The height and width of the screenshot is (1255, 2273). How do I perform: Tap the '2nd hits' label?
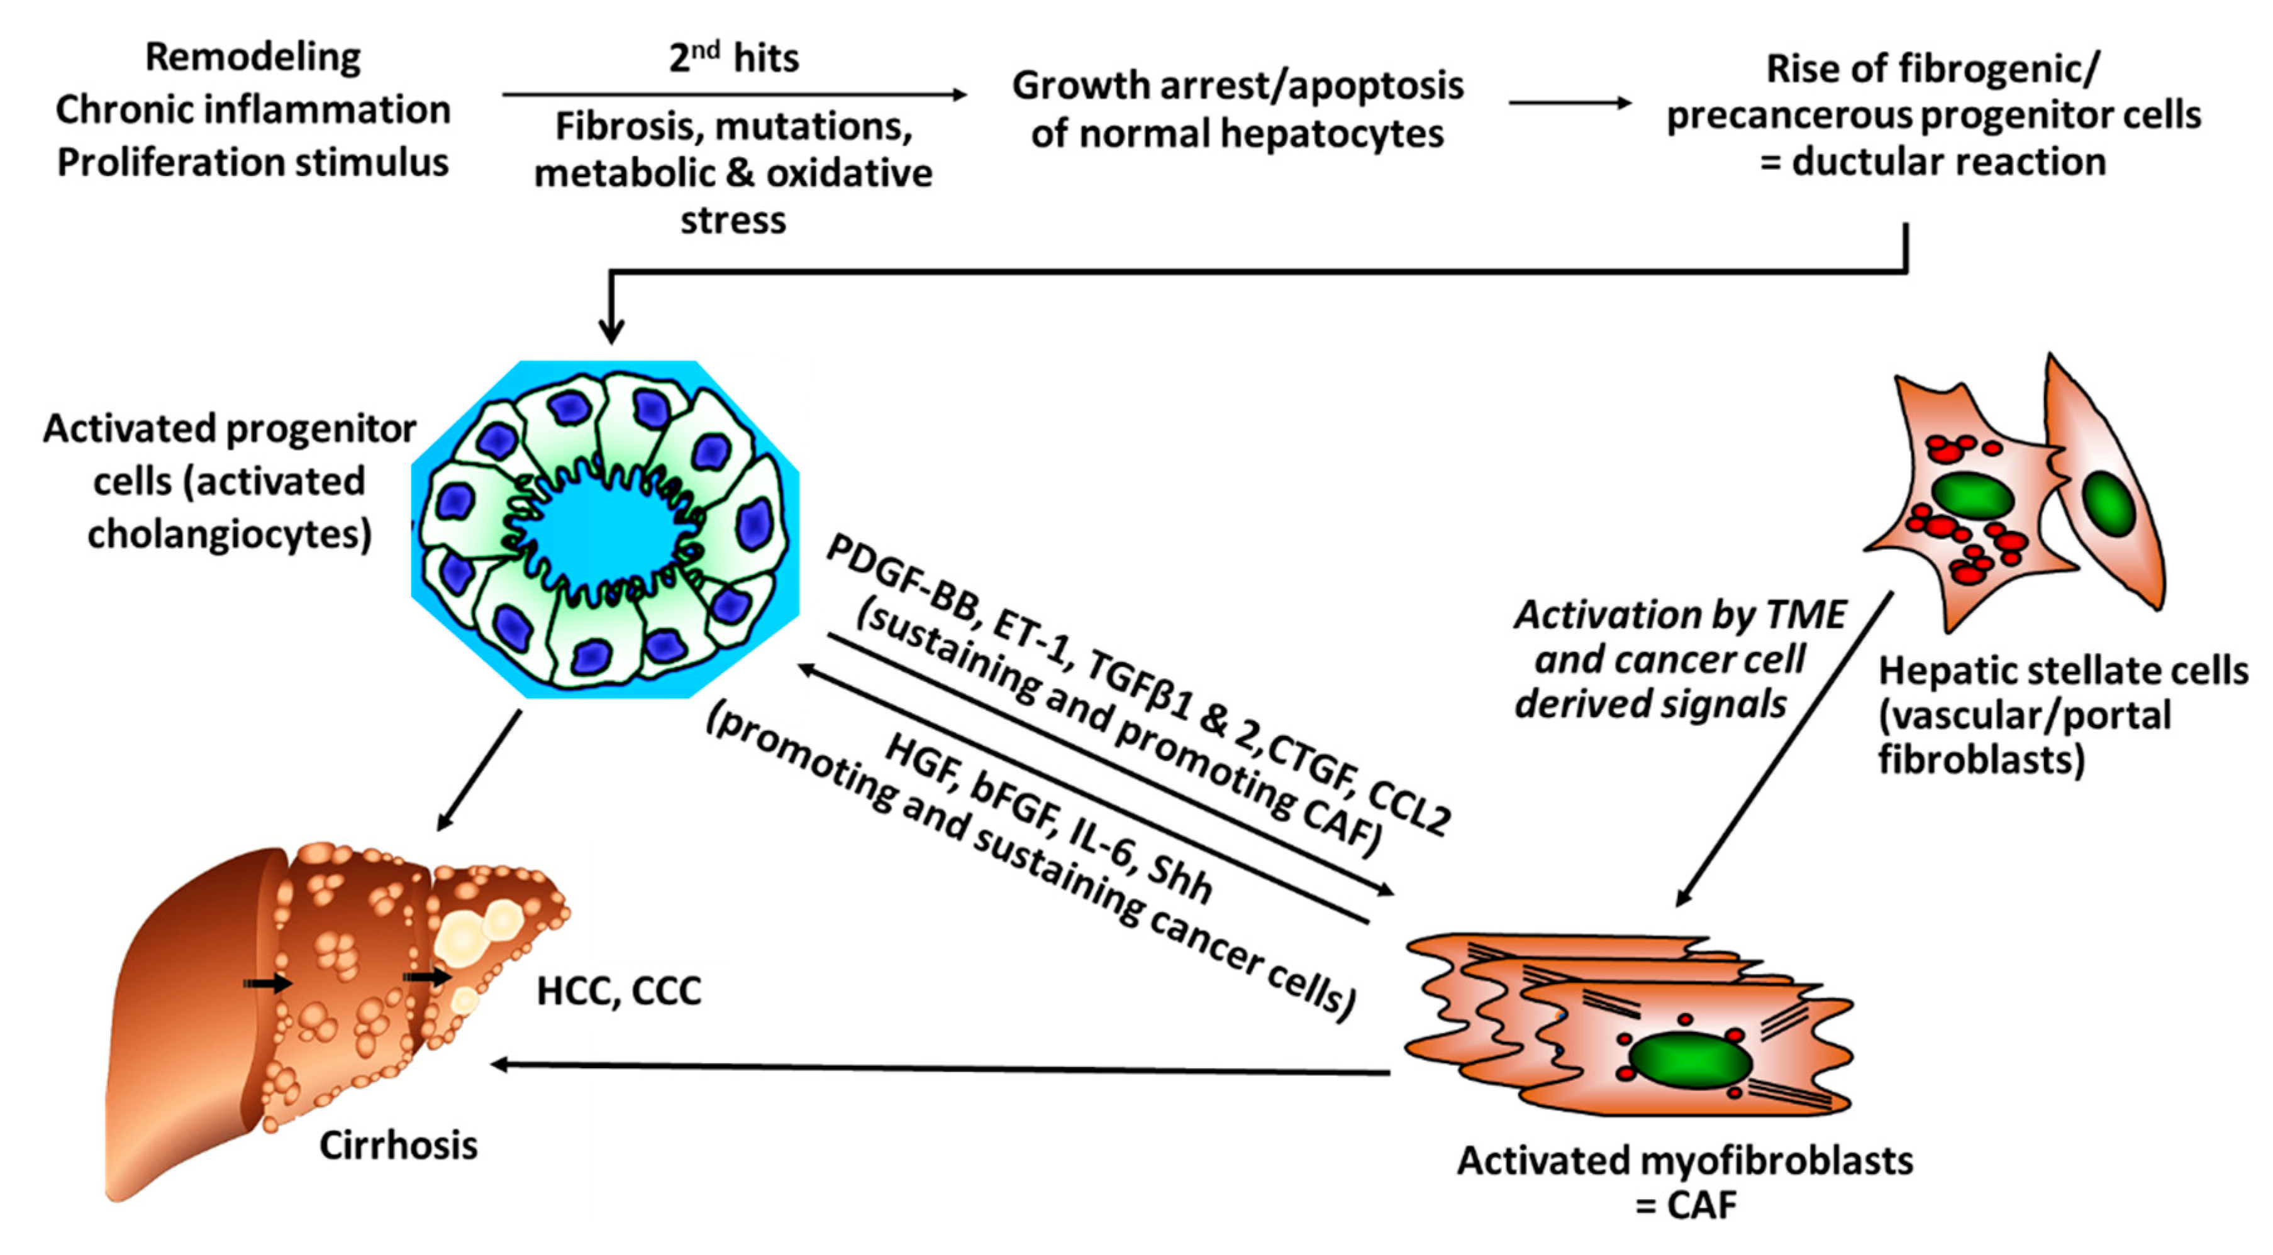733,58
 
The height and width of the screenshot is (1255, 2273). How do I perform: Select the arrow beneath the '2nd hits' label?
733,94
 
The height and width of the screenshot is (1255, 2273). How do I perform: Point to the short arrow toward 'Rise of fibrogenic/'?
1570,103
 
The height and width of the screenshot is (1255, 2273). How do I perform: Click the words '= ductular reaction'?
1932,162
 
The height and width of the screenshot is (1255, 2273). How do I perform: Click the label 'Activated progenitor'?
230,429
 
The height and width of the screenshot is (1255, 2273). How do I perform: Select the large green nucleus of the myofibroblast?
1690,1060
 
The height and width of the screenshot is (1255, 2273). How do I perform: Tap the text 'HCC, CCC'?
618,991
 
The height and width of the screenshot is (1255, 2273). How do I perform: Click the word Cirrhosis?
398,1146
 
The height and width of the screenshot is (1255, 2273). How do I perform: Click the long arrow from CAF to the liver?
940,1069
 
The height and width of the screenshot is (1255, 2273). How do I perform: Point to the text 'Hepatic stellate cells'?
2062,671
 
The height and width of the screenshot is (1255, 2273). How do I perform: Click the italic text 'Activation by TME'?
1679,615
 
